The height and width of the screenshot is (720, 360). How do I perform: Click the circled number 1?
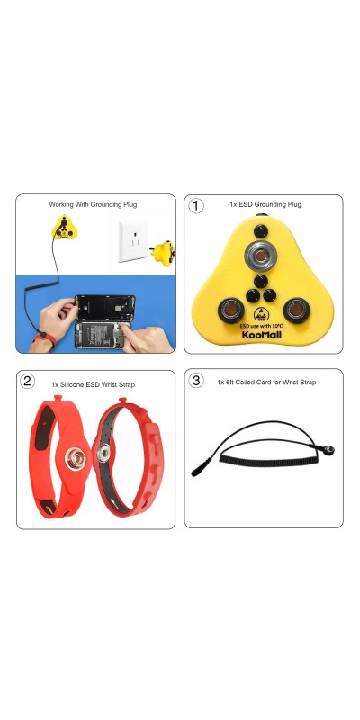point(196,206)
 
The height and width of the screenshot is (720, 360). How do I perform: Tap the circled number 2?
point(27,381)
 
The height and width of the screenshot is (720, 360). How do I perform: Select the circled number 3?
point(196,381)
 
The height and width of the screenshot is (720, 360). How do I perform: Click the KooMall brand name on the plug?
point(261,335)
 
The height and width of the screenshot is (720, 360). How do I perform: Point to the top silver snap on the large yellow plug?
point(260,255)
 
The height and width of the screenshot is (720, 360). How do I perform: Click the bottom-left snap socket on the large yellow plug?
point(230,310)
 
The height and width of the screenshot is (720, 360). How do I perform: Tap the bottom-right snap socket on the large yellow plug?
point(297,310)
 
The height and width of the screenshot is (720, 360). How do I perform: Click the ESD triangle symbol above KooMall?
point(261,314)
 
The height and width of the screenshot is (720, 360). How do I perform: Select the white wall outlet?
point(132,241)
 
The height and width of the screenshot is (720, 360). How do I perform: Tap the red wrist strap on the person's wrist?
point(44,340)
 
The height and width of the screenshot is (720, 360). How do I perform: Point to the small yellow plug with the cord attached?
point(64,228)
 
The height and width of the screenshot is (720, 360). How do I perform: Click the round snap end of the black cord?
point(328,450)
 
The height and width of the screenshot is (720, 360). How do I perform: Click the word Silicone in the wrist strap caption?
point(74,384)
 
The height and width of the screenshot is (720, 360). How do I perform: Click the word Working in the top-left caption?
point(61,204)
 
